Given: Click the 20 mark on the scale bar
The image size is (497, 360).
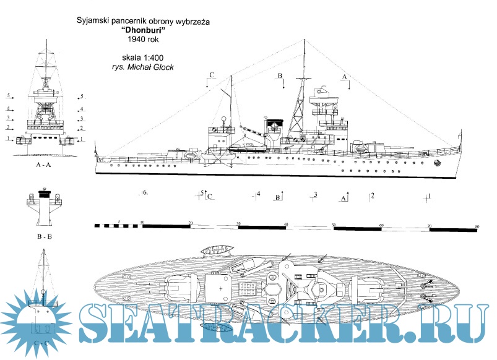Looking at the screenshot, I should point(190,221).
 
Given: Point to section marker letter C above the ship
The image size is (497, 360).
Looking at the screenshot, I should point(212,75).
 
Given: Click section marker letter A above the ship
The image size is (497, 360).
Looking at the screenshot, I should point(345,75).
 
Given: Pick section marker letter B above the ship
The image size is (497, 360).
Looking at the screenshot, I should point(280,75).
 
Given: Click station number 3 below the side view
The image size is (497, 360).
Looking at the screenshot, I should point(315,195).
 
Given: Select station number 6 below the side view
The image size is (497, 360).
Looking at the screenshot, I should point(144,193).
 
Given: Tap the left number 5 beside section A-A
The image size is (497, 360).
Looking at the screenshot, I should point(9,96).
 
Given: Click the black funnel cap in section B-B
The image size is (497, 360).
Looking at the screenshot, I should point(43,194).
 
